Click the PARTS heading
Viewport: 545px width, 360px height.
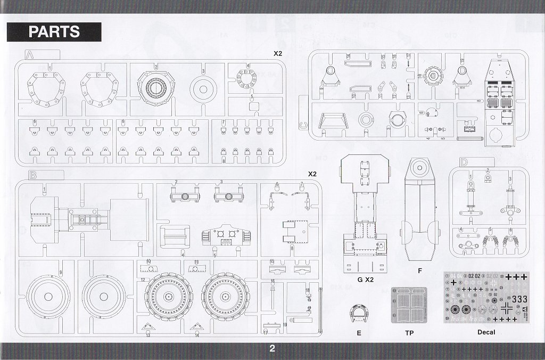coord(54,31)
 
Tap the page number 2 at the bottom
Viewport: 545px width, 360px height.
coord(272,349)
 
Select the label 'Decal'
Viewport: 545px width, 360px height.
coord(486,332)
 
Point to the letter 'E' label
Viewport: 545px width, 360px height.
coord(359,332)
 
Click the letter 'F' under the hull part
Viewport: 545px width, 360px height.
coord(420,270)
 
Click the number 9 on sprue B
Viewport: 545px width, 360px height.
coord(61,272)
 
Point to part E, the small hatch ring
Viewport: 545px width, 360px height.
coord(359,314)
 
